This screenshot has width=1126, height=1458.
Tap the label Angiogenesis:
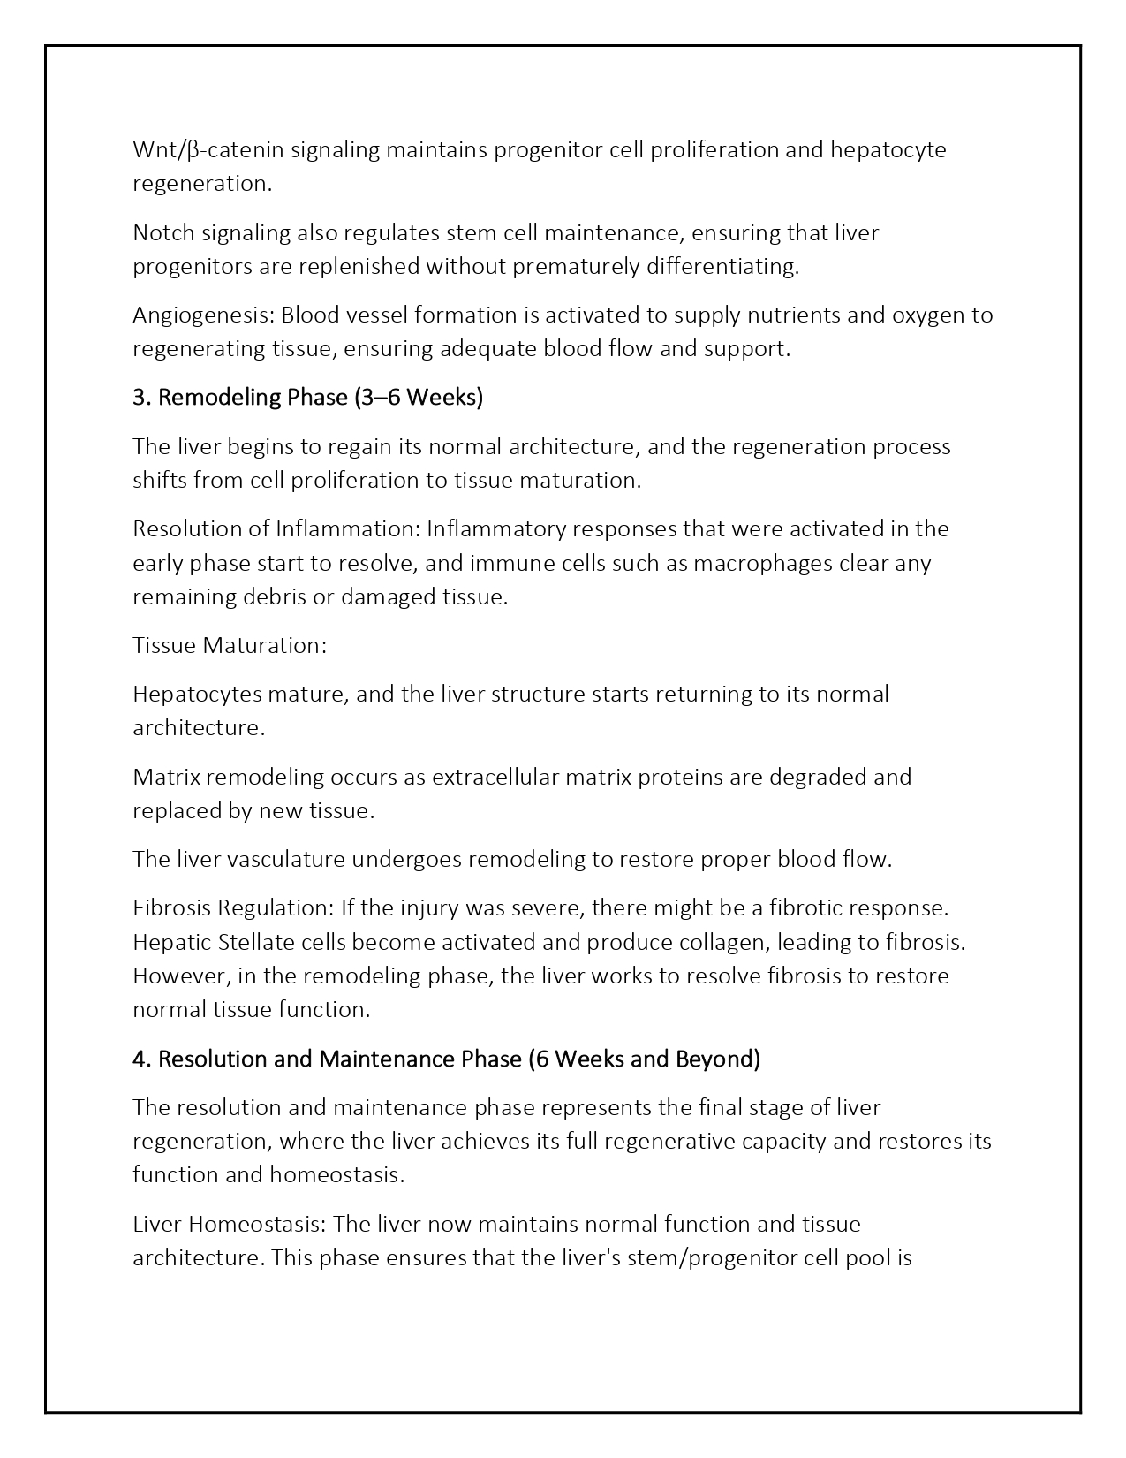pyautogui.click(x=203, y=315)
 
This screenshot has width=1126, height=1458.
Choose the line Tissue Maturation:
pyautogui.click(x=230, y=645)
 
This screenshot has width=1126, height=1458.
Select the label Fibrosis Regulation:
pyautogui.click(x=231, y=908)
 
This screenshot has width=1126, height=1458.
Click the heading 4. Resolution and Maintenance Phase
pyautogui.click(x=327, y=1059)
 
